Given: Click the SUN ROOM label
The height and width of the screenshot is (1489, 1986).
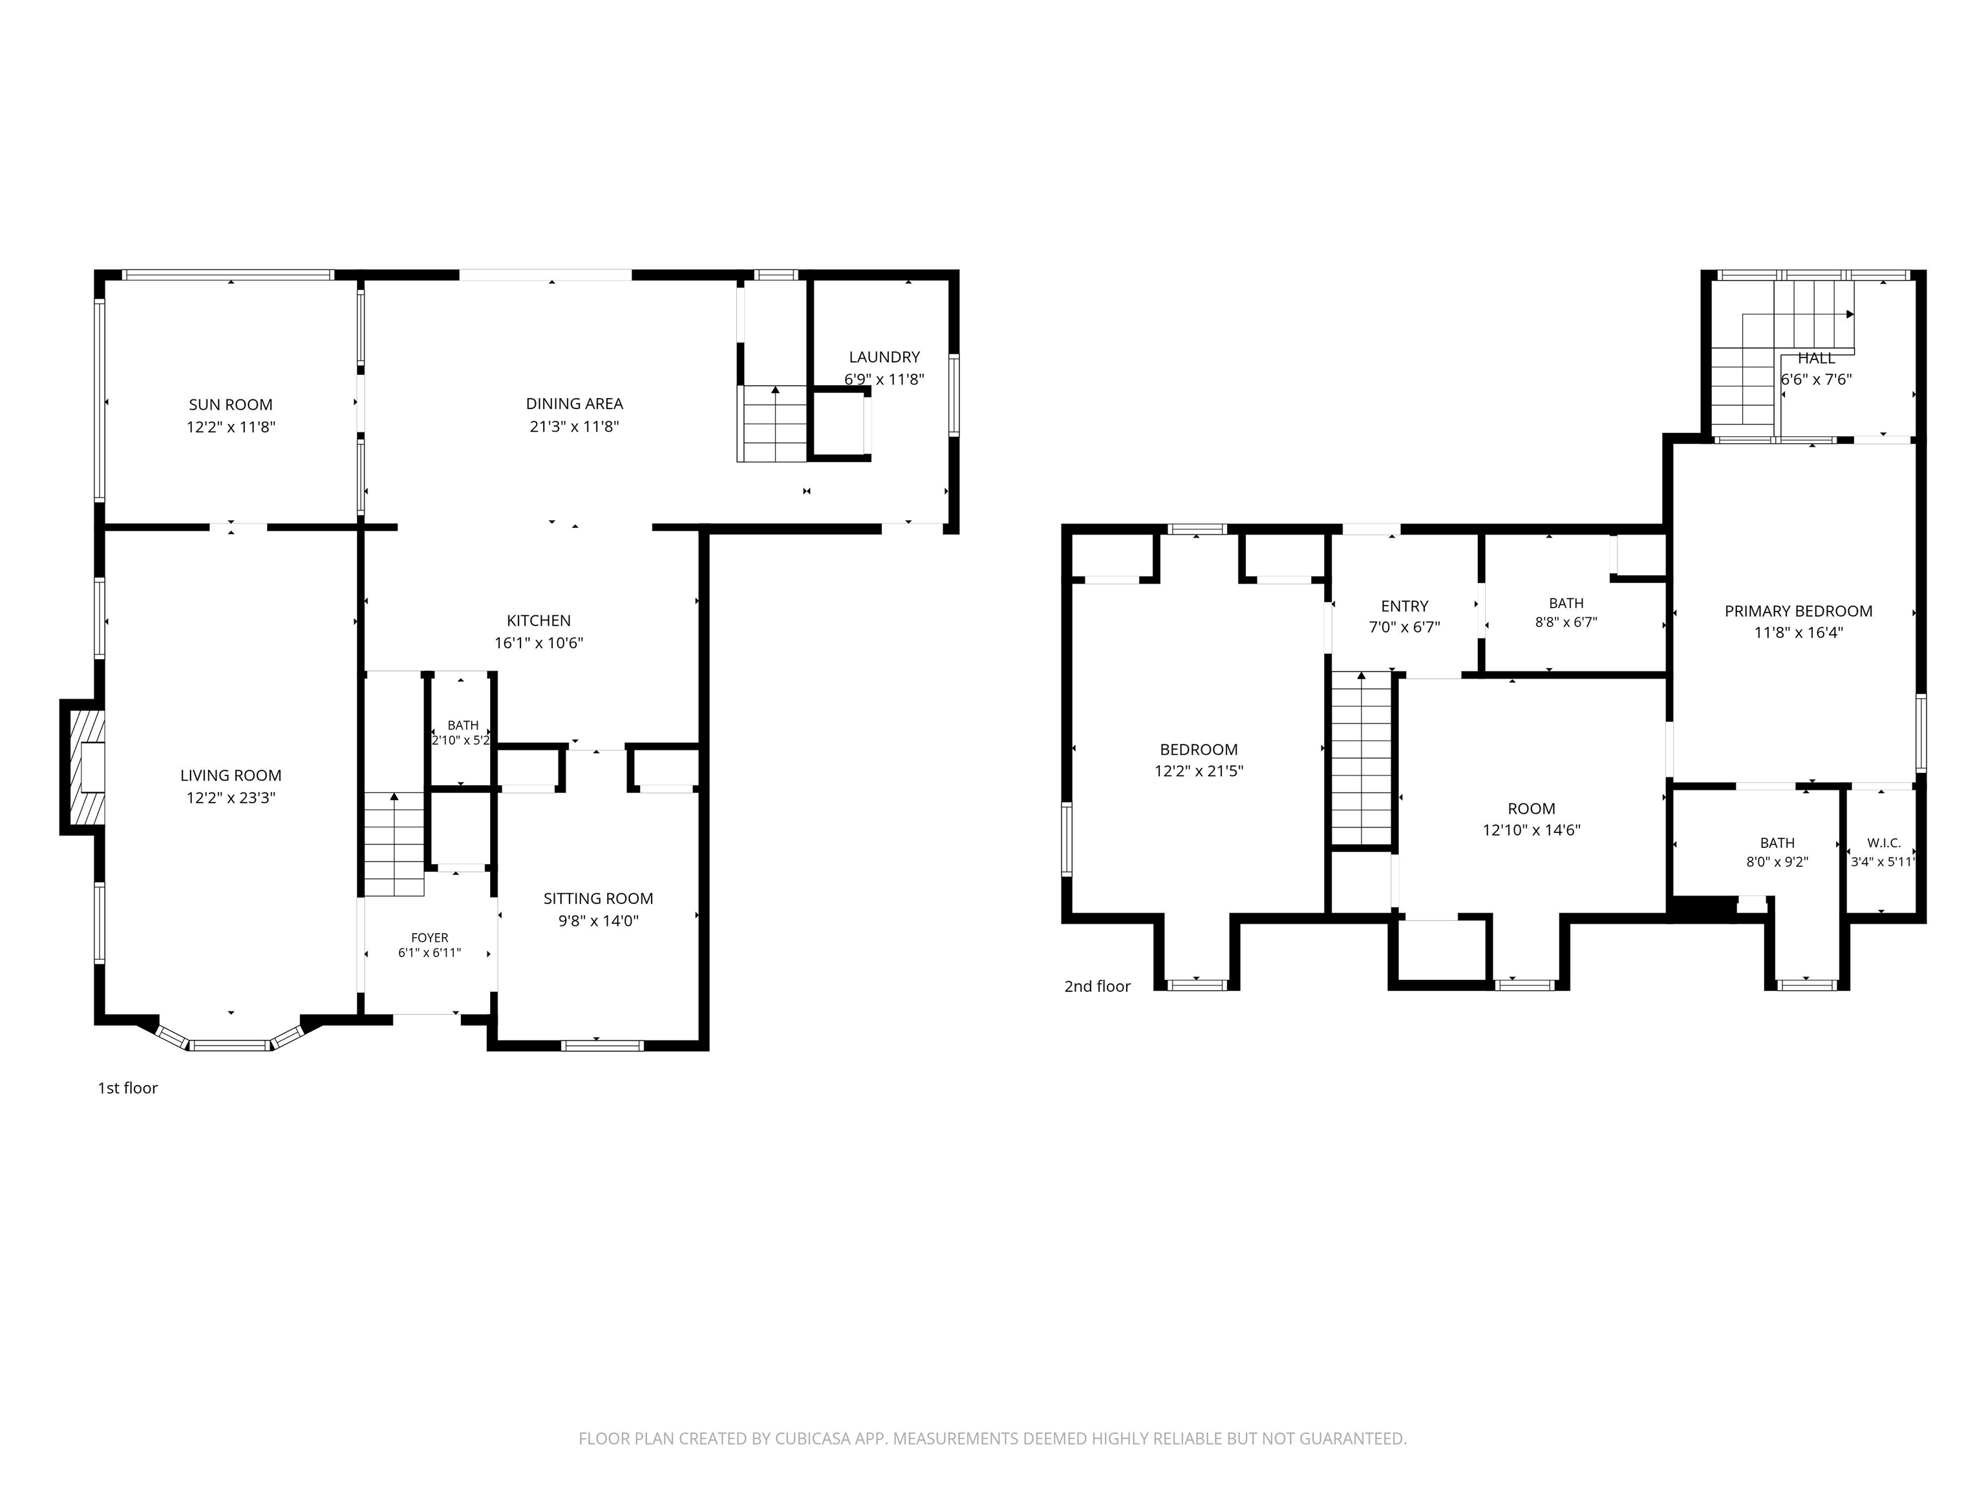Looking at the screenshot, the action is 231,405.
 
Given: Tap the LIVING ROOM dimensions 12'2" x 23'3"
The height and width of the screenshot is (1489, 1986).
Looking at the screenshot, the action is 231,798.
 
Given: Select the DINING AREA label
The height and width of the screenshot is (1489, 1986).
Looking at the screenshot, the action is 575,404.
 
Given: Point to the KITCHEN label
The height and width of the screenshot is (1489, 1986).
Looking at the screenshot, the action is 539,620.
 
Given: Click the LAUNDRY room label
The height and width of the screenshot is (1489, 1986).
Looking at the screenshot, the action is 884,357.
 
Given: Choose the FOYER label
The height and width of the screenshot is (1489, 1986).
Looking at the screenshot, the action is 430,938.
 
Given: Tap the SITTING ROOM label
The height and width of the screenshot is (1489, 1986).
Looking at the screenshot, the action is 598,898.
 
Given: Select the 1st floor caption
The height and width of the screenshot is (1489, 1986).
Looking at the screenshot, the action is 127,1088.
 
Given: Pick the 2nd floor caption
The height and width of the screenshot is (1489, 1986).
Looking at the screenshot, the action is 1097,986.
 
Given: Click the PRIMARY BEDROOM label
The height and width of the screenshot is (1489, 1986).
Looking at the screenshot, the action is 1799,611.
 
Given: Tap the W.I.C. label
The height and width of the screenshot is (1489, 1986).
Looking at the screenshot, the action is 1884,843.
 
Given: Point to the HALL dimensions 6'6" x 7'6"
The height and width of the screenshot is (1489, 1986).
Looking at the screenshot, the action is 1817,379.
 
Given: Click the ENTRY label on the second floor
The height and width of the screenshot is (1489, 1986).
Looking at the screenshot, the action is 1404,606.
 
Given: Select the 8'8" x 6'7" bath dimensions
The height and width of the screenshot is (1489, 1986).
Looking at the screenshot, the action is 1566,622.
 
